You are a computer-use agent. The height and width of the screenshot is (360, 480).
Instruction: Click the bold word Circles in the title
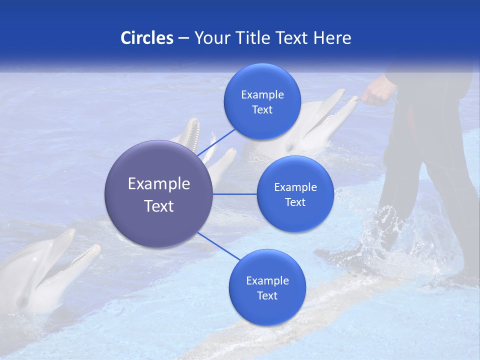pos(147,38)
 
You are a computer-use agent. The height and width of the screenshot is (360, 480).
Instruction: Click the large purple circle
pos(159,194)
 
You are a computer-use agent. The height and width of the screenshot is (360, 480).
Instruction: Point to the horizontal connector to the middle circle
pos(235,194)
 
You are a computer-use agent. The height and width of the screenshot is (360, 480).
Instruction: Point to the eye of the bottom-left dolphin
pos(22,301)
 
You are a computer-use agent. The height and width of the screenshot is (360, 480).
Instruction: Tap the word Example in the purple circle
pos(159,184)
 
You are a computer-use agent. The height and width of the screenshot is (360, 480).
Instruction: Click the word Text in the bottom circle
pos(267,295)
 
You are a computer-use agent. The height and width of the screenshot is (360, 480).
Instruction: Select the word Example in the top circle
pos(262,95)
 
